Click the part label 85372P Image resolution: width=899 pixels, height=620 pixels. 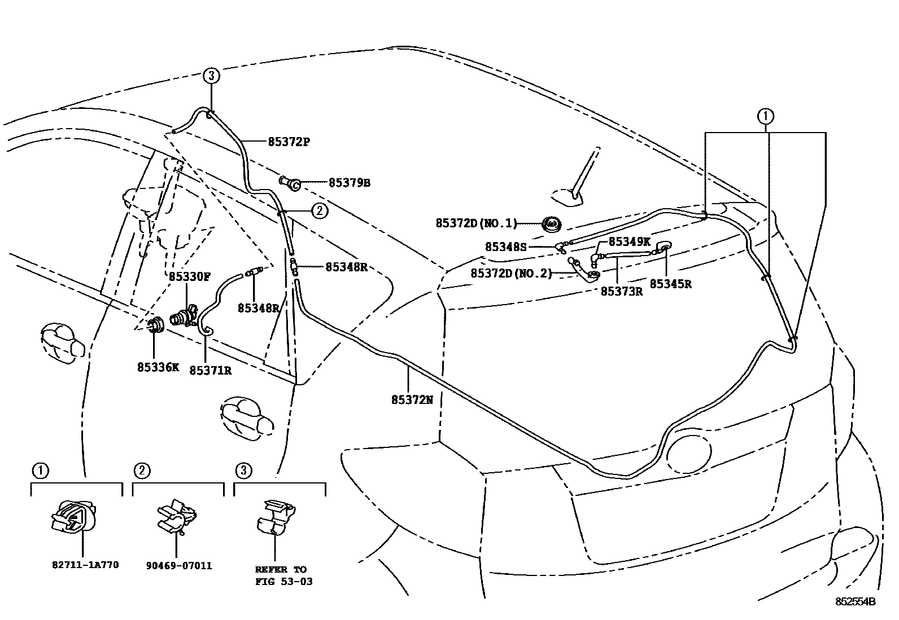(x=289, y=142)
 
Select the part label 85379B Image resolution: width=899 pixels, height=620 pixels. (x=350, y=183)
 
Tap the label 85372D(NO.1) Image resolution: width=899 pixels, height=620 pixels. (x=476, y=223)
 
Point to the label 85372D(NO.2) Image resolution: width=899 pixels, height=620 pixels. (x=511, y=273)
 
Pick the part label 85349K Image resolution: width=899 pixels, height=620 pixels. (x=630, y=242)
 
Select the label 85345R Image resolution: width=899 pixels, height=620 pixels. (x=670, y=284)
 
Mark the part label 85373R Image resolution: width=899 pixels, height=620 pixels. (x=621, y=291)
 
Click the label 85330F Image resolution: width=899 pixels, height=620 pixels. (x=190, y=277)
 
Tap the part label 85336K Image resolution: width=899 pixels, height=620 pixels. (x=158, y=367)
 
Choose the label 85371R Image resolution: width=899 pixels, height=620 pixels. (x=210, y=370)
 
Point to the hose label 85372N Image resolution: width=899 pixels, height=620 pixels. (x=412, y=399)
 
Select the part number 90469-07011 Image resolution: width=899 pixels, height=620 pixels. (x=178, y=565)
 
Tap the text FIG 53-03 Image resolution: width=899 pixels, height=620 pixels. (x=283, y=581)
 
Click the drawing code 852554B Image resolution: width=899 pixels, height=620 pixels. (x=856, y=602)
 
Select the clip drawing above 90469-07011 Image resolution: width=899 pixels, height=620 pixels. (x=176, y=516)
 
